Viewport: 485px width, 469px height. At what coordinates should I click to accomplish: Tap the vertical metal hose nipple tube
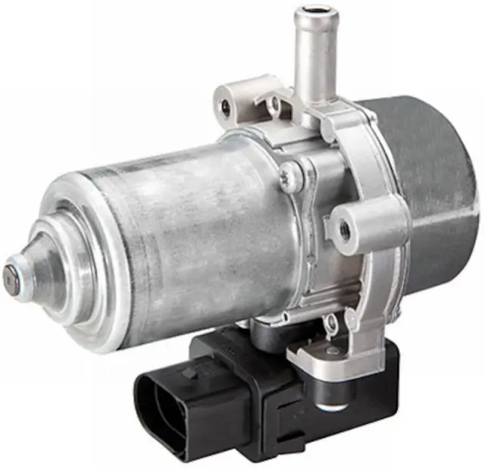click(x=314, y=53)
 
